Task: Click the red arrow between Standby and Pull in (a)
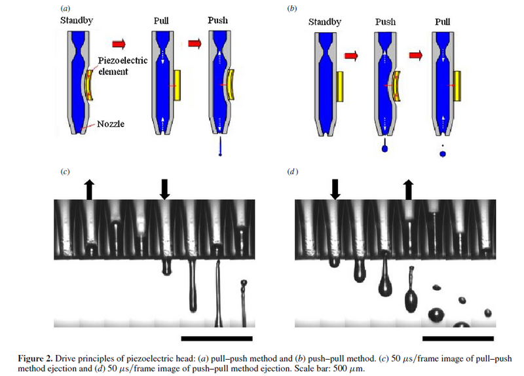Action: coord(119,44)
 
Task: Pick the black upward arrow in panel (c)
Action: coord(88,189)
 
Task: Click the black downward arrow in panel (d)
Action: coord(335,189)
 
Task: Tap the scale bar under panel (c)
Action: coord(216,339)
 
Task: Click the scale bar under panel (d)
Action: coord(458,339)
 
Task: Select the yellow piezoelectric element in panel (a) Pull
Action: coord(179,85)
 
